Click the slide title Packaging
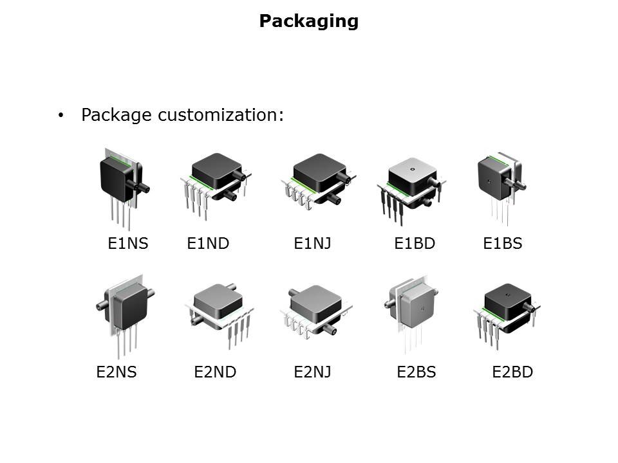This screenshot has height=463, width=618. point(308,21)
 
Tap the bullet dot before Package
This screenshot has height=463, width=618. point(61,116)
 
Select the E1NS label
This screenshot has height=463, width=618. point(127,244)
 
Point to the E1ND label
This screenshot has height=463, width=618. point(208,244)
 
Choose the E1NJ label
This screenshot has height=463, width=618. point(312,244)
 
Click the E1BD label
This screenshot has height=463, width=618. point(415,244)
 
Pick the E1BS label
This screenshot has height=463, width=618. point(502,244)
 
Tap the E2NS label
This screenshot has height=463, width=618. point(117,372)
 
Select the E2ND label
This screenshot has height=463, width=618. point(215,372)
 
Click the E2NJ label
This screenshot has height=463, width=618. point(312,372)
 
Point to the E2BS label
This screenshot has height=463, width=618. point(416,372)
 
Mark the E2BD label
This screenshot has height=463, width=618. point(512,372)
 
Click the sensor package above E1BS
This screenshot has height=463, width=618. point(500,178)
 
